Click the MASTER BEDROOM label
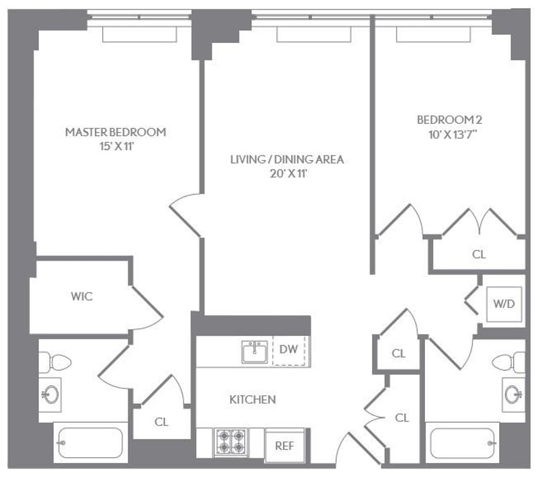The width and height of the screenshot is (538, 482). pyautogui.click(x=115, y=132)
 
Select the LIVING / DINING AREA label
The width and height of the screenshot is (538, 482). pyautogui.click(x=287, y=160)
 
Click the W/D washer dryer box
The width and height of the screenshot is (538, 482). pyautogui.click(x=504, y=304)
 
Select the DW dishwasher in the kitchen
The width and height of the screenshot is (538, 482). pyautogui.click(x=289, y=349)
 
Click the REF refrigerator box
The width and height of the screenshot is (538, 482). pyautogui.click(x=284, y=446)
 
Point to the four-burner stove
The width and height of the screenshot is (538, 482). pyautogui.click(x=232, y=444)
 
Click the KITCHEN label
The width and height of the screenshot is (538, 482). pyautogui.click(x=253, y=399)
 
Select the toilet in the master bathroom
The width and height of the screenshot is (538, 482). pyautogui.click(x=59, y=362)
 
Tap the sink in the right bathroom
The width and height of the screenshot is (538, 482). pyautogui.click(x=512, y=393)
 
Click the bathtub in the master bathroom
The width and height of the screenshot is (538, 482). pyautogui.click(x=90, y=443)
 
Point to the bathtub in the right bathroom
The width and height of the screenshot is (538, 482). pyautogui.click(x=464, y=443)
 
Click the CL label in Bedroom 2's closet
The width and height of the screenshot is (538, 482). pyautogui.click(x=479, y=254)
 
